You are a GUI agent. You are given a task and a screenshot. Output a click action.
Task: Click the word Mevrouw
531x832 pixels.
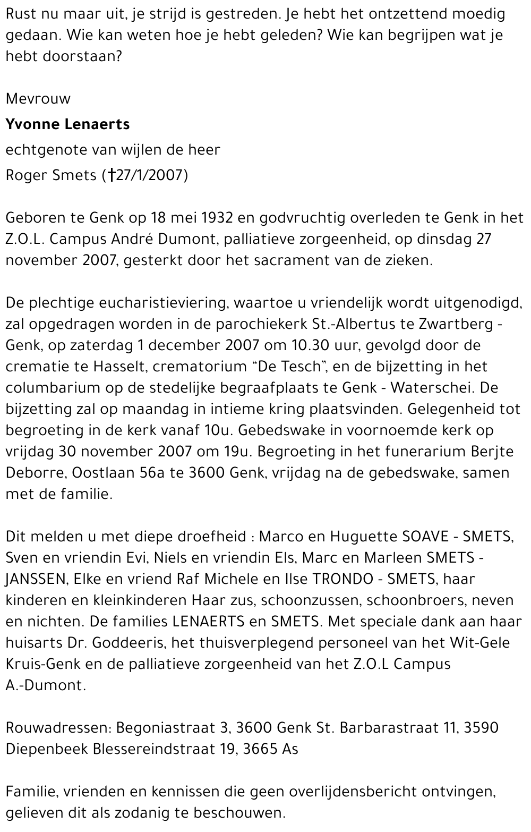[x=38, y=99]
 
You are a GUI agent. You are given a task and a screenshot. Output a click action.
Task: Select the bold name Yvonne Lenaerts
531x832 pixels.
[x=67, y=124]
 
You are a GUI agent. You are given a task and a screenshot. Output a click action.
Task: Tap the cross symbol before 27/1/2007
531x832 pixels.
[x=111, y=175]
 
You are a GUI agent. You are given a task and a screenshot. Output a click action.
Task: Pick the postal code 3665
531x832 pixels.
[x=260, y=749]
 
